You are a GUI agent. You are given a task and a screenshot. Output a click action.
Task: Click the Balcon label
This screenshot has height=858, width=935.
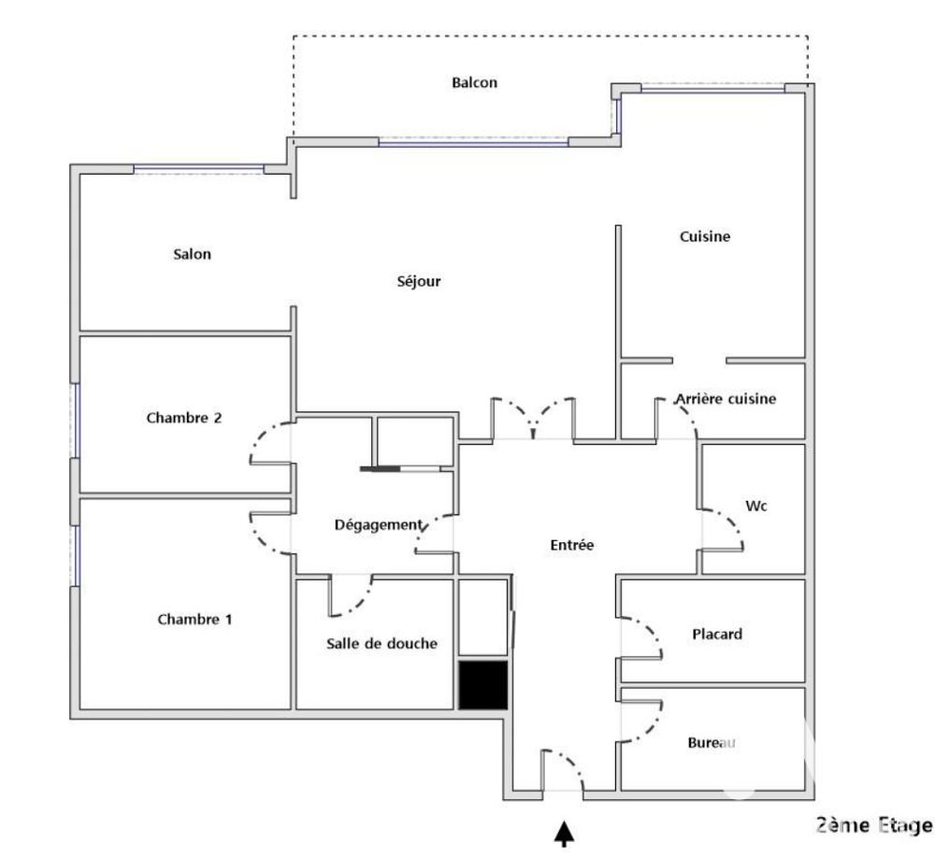pyautogui.click(x=474, y=82)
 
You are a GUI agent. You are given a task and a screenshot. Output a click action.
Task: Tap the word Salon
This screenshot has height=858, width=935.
pyautogui.click(x=192, y=254)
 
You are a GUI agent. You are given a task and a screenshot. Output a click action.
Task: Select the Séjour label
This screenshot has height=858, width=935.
pyautogui.click(x=419, y=280)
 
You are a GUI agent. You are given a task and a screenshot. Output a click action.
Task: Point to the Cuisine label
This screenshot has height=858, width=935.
pyautogui.click(x=705, y=236)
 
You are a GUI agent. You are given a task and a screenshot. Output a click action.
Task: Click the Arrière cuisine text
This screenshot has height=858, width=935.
pyautogui.click(x=726, y=399)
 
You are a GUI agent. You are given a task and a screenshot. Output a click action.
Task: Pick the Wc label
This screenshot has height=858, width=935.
pyautogui.click(x=756, y=507)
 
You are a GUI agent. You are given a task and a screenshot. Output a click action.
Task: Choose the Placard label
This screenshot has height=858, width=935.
pyautogui.click(x=717, y=634)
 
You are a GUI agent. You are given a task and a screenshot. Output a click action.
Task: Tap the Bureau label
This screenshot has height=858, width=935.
pyautogui.click(x=712, y=743)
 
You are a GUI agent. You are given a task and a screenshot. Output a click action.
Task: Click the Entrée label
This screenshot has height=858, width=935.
pyautogui.click(x=572, y=545)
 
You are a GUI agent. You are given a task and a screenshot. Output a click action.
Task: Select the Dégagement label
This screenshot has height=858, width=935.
pyautogui.click(x=378, y=525)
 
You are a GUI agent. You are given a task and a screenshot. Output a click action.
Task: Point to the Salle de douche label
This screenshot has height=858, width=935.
pyautogui.click(x=381, y=643)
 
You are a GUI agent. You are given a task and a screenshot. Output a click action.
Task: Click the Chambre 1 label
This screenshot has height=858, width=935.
pyautogui.click(x=194, y=620)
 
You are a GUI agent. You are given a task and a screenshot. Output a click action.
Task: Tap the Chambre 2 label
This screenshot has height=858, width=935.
pyautogui.click(x=183, y=418)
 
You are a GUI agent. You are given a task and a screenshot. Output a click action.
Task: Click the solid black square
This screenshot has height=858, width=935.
pyautogui.click(x=483, y=684)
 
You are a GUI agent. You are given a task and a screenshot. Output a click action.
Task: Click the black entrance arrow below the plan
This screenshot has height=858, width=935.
pyautogui.click(x=564, y=834)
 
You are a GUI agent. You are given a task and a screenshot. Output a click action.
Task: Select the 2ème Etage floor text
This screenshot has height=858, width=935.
pyautogui.click(x=874, y=825)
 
